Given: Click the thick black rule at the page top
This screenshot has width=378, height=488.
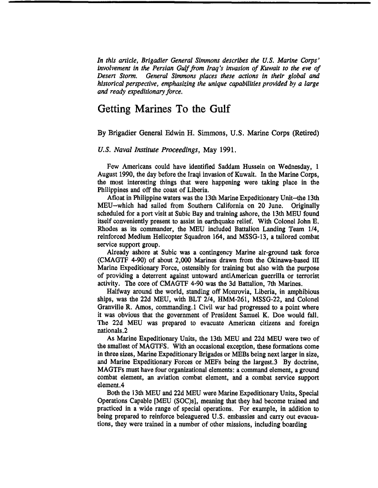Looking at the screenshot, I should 189,2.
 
